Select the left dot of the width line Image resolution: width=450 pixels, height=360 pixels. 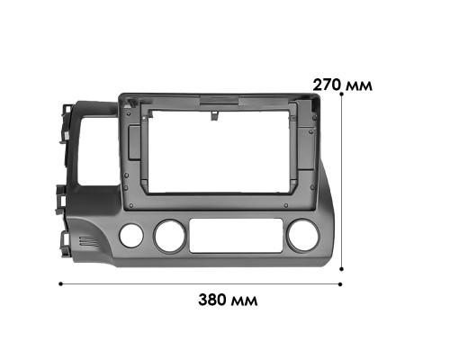60,283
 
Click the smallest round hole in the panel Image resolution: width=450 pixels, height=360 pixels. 131,237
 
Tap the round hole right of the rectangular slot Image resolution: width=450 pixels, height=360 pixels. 300,238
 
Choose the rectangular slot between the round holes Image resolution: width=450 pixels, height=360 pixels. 232,237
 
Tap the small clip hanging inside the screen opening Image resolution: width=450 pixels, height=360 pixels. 216,112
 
